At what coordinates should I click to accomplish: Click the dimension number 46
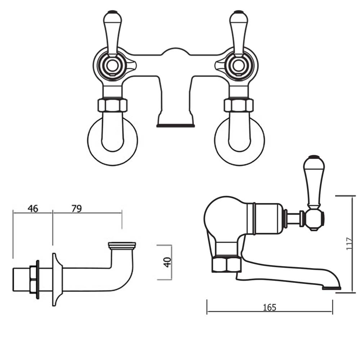(32, 208)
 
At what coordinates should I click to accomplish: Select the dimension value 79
(76, 208)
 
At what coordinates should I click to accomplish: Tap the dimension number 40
(167, 262)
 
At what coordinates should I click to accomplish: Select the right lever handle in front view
(238, 32)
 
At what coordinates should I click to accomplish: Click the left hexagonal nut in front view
(112, 105)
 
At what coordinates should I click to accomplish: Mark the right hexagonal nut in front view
(239, 105)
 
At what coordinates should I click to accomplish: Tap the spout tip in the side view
(331, 288)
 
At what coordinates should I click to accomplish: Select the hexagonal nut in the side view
(226, 264)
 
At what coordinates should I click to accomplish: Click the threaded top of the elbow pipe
(122, 246)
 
